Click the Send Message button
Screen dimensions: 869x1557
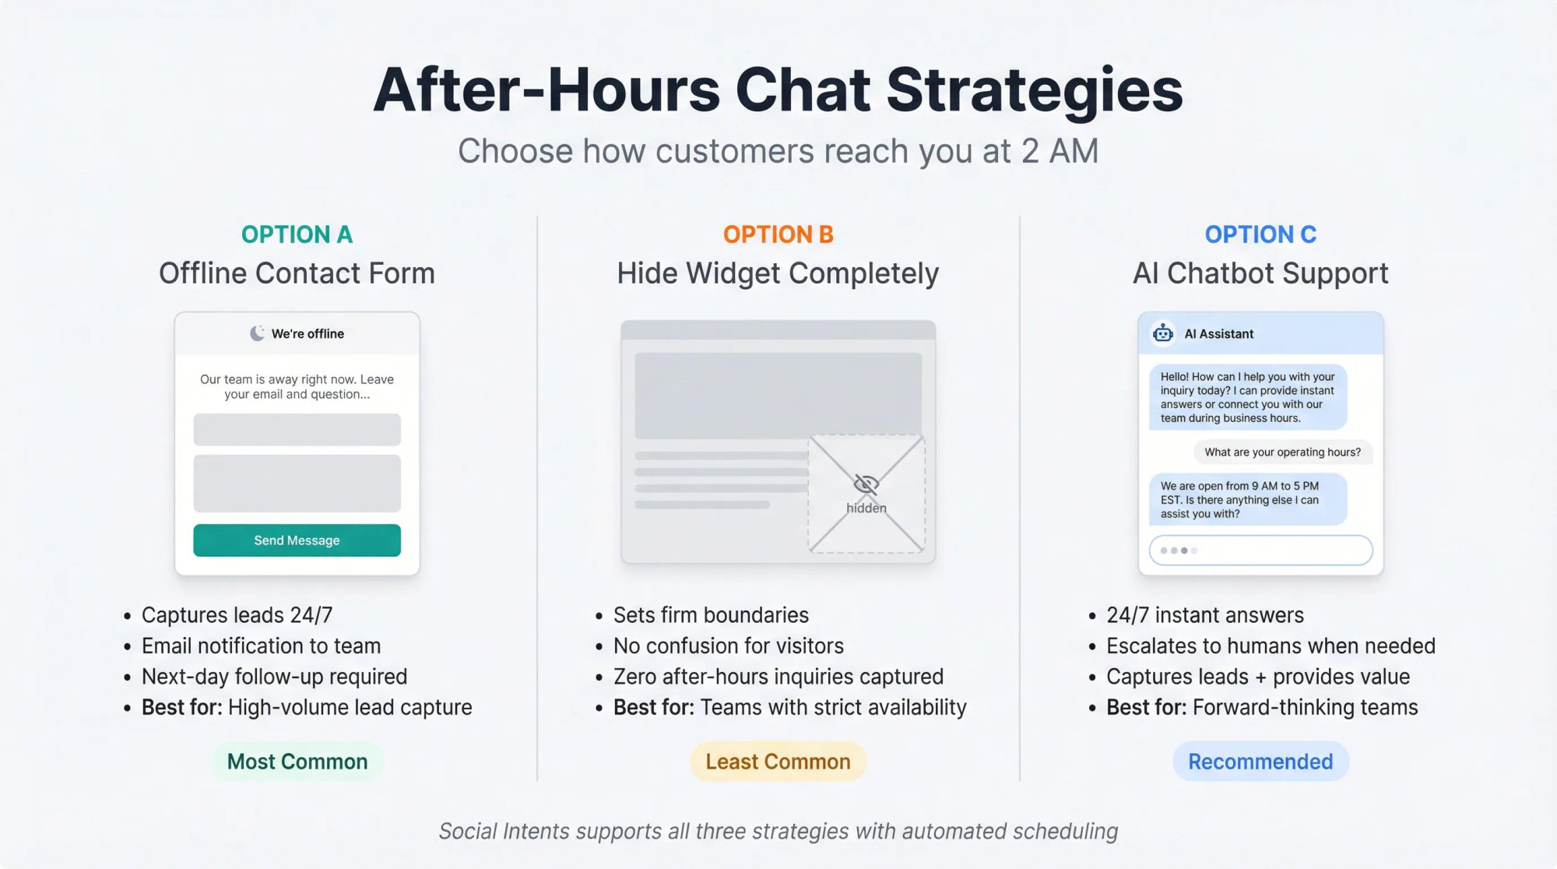[297, 540]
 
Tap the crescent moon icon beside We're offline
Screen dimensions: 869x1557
[257, 333]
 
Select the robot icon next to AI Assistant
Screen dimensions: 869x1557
[1163, 333]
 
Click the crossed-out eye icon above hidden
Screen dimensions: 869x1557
[866, 484]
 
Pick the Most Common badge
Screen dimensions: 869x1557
[297, 762]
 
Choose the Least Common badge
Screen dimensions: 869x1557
[778, 762]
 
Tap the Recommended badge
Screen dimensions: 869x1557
[1260, 762]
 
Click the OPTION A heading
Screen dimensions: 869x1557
[297, 234]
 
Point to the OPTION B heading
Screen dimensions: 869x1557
[778, 234]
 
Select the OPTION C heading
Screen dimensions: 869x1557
[1260, 234]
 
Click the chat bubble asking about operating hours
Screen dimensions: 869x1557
[1282, 452]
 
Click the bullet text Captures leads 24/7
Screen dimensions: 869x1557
[237, 615]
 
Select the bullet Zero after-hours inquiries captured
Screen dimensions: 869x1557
[778, 677]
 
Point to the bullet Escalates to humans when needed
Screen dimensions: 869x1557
[1271, 646]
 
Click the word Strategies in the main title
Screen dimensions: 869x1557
[1034, 90]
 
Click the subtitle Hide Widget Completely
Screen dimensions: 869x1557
[778, 273]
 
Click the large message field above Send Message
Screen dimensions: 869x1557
[297, 484]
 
